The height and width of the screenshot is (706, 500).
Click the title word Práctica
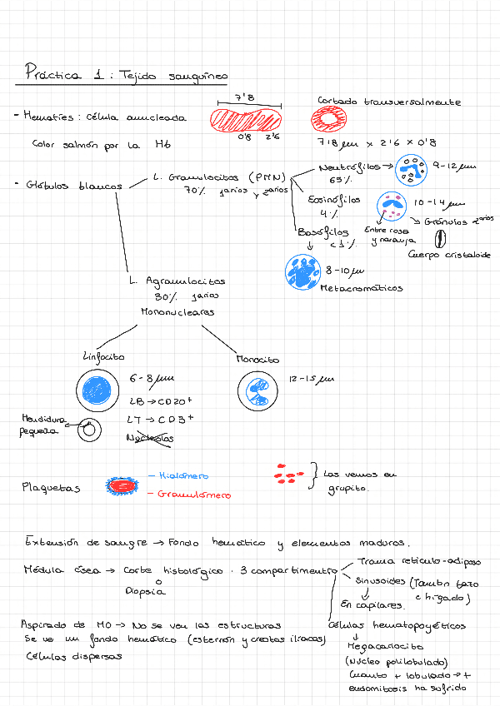click(52, 74)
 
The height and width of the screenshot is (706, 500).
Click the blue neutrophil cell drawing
click(409, 169)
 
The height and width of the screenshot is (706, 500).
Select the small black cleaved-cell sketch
click(86, 430)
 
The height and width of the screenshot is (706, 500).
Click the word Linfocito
click(103, 356)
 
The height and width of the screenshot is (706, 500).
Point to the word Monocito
click(257, 359)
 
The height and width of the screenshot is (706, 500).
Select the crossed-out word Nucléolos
click(151, 438)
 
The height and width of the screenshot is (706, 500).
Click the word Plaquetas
click(51, 488)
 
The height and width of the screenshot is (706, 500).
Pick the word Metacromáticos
click(362, 288)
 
